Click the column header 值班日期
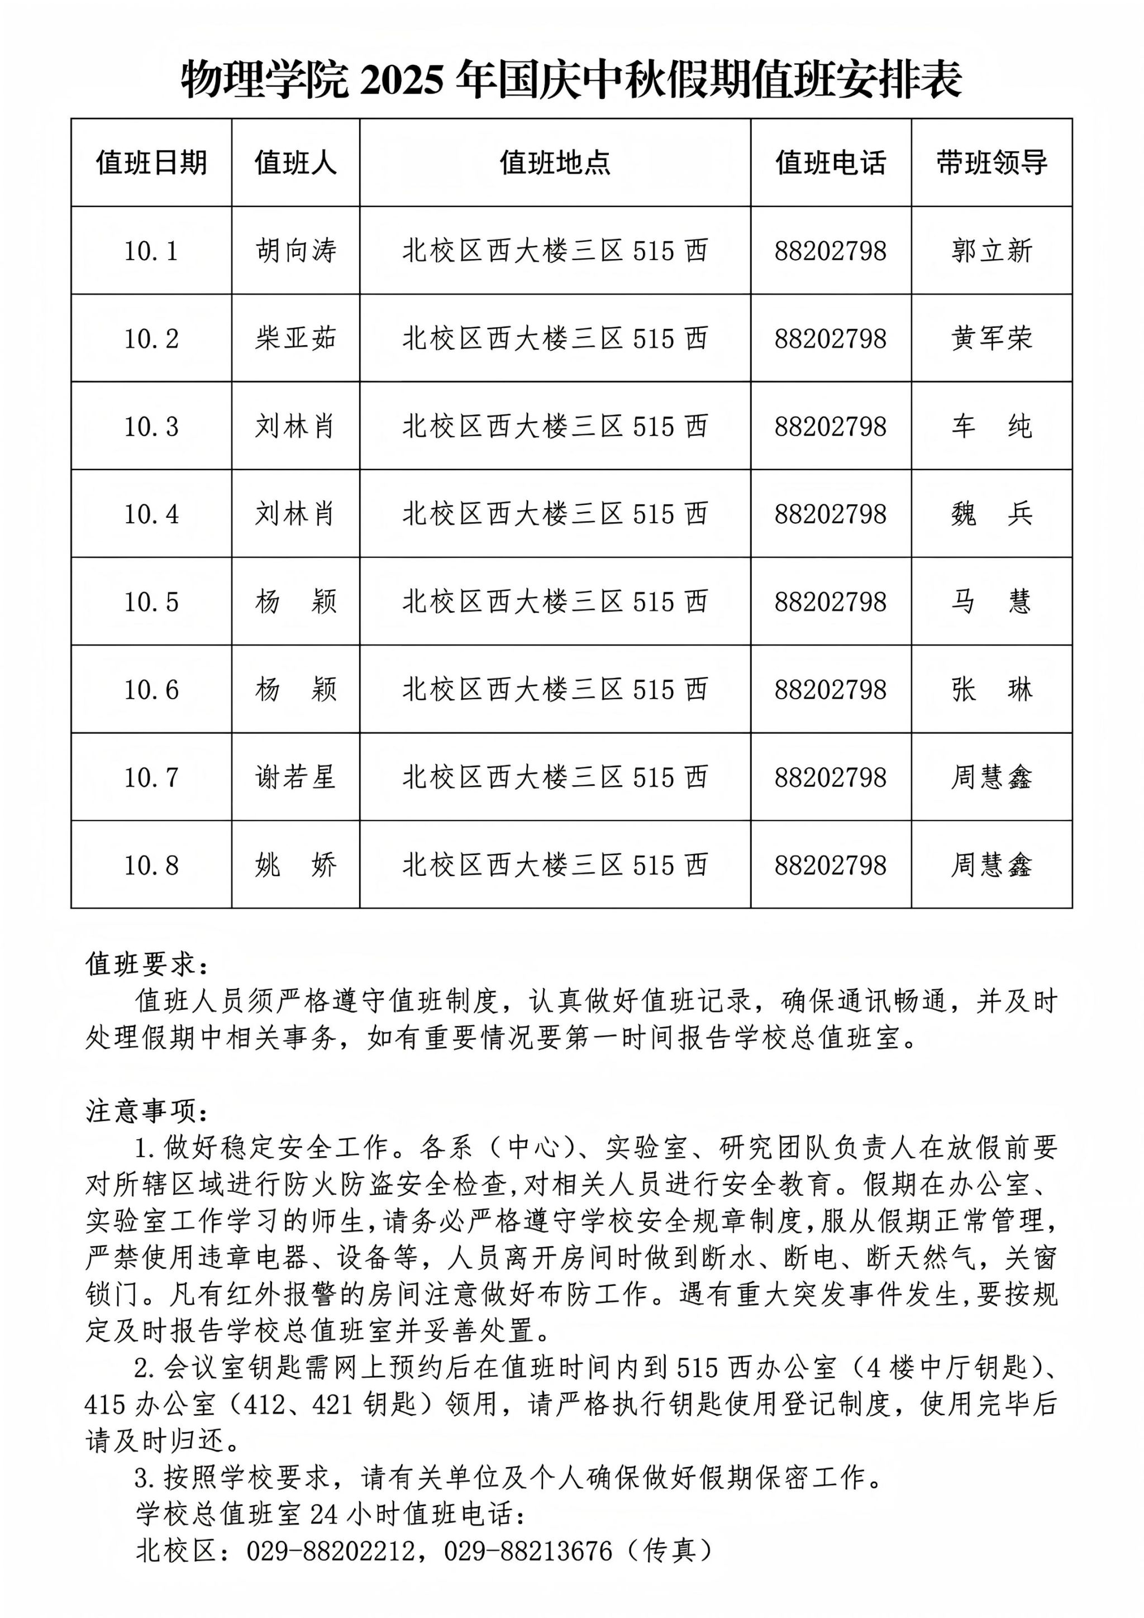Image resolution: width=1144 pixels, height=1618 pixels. pos(151,163)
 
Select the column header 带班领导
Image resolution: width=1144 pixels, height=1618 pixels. pos(991,163)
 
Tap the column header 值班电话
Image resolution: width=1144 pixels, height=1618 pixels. pos(830,163)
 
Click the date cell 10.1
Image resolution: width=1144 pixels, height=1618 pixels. pos(151,251)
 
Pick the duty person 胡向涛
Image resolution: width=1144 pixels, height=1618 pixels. pos(295,251)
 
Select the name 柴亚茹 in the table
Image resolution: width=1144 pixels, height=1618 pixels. pos(295,339)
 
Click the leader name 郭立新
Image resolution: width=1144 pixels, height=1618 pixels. pos(991,251)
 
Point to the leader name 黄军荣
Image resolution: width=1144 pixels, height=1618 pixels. pos(991,339)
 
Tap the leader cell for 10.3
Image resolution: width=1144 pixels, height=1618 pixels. pos(991,426)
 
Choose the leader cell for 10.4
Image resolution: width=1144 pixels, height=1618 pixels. pos(991,514)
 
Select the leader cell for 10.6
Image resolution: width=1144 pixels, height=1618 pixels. pos(991,689)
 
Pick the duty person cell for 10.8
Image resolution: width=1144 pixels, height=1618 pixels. pos(295,865)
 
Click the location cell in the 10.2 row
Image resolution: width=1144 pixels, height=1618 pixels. pos(555,339)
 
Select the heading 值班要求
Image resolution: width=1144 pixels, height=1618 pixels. pos(146,965)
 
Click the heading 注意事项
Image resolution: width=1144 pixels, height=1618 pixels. pos(146,1111)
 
